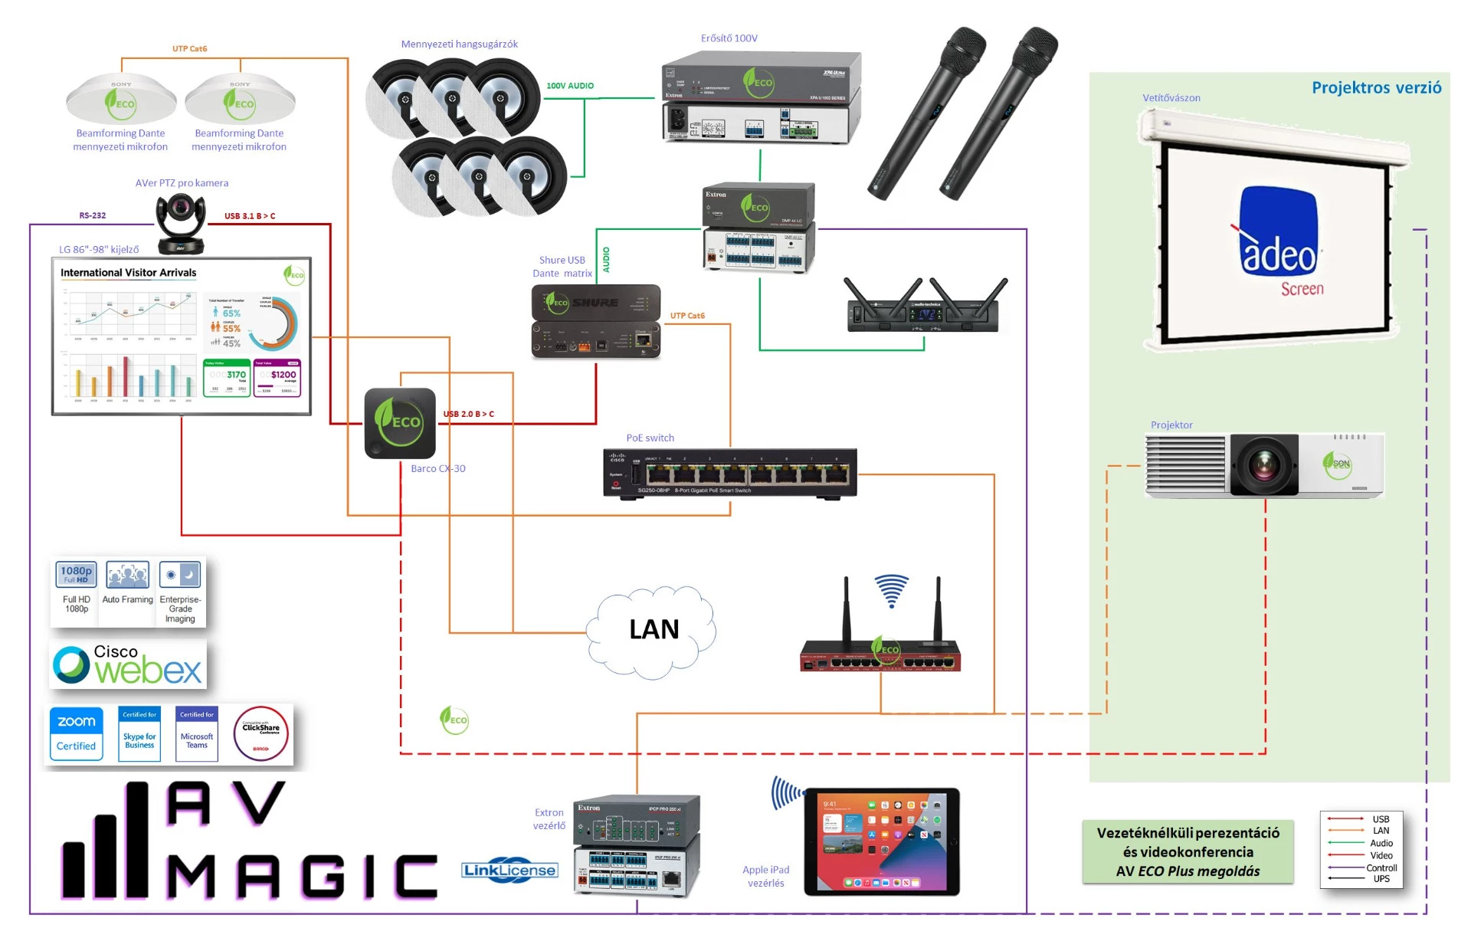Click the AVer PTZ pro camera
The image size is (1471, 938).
[181, 222]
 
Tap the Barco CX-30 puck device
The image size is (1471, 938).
[400, 423]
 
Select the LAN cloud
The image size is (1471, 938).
[653, 631]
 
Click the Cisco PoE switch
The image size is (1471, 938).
[729, 473]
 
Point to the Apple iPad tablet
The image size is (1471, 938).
[881, 841]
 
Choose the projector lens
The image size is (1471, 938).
[1264, 465]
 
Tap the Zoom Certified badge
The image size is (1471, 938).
[77, 733]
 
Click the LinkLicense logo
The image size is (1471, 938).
[509, 870]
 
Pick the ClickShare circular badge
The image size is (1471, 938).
[260, 733]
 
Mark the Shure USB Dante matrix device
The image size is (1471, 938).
[596, 322]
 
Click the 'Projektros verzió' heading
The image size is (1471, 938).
[1376, 87]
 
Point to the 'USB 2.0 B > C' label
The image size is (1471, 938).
[469, 414]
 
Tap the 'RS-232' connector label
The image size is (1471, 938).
[93, 215]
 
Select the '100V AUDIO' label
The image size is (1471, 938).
[570, 86]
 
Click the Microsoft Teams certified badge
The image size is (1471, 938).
[197, 733]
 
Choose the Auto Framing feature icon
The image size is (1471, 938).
[128, 576]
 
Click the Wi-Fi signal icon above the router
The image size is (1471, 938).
[892, 590]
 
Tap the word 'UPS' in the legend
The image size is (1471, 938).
[1381, 879]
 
